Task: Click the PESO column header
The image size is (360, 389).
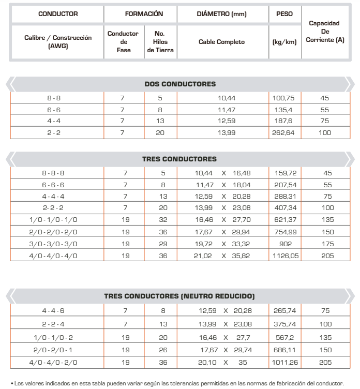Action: coord(284,14)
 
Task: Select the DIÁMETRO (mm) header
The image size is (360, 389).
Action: coord(222,14)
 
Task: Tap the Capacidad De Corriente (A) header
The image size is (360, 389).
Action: coord(325,32)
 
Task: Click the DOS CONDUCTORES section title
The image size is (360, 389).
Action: coord(180,84)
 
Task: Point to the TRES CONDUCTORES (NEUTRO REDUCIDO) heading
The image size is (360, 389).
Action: coord(180,296)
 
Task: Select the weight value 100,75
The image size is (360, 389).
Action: coord(284,98)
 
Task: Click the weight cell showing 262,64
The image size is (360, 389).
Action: coord(284,133)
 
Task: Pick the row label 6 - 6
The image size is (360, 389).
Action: coord(57,110)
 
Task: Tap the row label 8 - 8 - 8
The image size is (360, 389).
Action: coord(57,173)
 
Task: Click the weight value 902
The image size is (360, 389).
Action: coord(284,245)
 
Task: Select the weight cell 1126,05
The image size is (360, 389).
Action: coord(284,256)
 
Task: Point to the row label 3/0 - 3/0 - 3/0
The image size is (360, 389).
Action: coord(57,245)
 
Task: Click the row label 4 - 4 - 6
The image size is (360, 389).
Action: coord(57,311)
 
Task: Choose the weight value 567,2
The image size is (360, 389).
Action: coord(284,338)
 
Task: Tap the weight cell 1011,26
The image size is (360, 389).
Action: coord(284,363)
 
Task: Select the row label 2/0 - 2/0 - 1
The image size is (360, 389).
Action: coord(57,350)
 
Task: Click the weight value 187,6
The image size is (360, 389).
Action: coord(284,121)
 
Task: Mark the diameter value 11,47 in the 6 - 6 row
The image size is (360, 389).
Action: coord(222,110)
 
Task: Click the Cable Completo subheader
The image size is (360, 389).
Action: coord(222,42)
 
